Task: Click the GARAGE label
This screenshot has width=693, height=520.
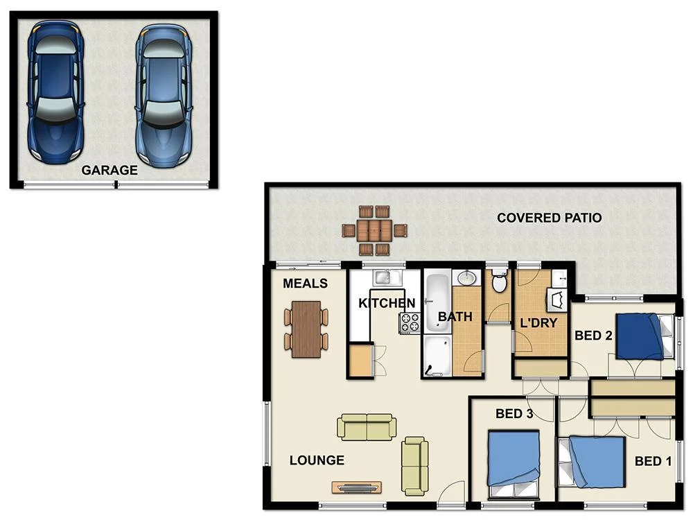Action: [109, 170]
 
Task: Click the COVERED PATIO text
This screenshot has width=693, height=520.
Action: [549, 218]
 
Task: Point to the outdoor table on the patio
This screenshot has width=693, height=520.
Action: [374, 230]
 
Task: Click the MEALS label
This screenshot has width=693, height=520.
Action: [305, 284]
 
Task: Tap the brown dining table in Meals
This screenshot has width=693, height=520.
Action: [306, 329]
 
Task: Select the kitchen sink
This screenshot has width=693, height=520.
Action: [383, 278]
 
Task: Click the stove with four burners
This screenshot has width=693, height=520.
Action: [410, 323]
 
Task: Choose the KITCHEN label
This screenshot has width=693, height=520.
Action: [386, 303]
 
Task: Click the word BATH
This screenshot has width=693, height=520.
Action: [455, 317]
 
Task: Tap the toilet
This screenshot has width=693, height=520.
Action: [498, 283]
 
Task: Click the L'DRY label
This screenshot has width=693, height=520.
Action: [538, 322]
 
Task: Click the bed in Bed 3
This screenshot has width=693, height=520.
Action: [514, 458]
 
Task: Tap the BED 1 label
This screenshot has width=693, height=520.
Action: [652, 462]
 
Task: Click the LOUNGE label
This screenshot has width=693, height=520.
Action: [317, 460]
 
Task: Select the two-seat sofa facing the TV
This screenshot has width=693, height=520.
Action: [367, 426]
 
